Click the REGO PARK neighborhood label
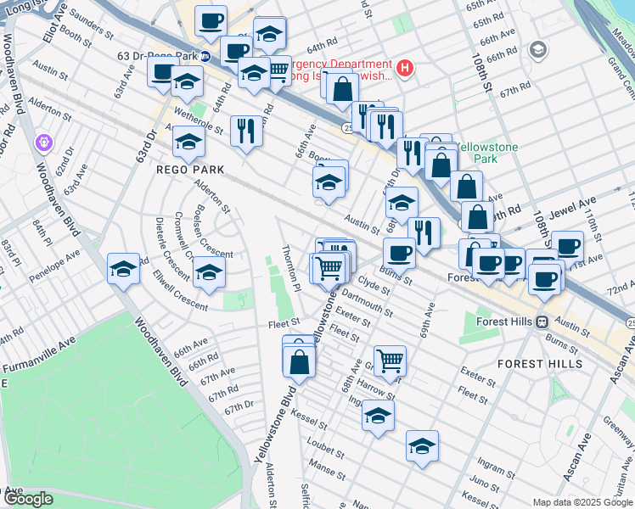pos(190,170)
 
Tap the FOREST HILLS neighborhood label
pos(541,363)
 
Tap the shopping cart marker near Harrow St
pos(390,360)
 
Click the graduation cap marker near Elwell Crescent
pos(208,271)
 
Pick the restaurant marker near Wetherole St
pos(245,129)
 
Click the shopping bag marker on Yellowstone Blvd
pos(300,361)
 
